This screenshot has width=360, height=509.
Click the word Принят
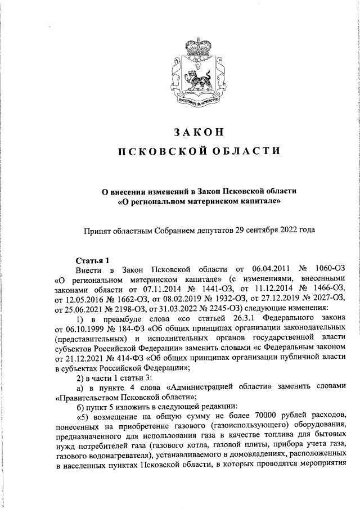coord(99,229)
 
